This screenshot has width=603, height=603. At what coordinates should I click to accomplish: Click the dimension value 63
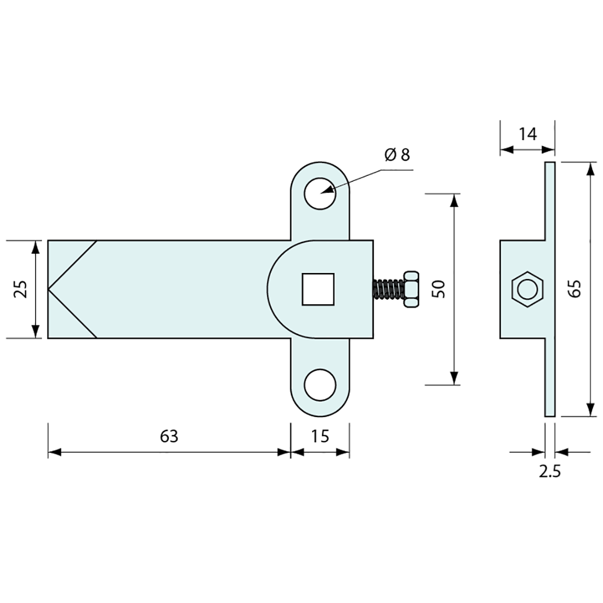click(169, 436)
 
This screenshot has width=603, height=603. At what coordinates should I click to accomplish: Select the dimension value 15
click(320, 436)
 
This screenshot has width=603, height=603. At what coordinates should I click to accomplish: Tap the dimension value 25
click(20, 289)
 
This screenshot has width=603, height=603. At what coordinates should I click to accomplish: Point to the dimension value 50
click(439, 289)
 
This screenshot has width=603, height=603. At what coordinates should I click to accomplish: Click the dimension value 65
click(574, 289)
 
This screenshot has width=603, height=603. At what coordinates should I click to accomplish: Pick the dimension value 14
click(527, 133)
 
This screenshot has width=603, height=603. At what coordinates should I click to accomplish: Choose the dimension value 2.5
click(549, 472)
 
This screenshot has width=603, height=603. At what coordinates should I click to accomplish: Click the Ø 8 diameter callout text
click(397, 155)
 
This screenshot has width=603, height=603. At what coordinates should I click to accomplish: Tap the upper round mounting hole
click(320, 194)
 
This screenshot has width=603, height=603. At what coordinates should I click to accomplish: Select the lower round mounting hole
click(320, 384)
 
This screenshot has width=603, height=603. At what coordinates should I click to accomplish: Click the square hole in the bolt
click(318, 289)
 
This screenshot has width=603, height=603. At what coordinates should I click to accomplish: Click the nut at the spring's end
click(411, 289)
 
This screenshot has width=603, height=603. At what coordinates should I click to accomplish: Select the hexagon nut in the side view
click(527, 289)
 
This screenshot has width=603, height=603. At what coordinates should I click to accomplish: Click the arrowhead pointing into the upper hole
click(327, 190)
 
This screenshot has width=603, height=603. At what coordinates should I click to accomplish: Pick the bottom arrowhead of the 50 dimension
click(454, 378)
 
